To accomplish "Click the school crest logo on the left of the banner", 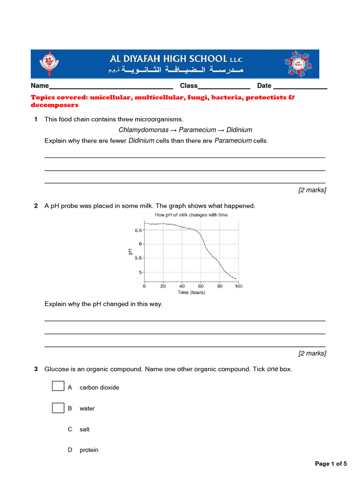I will tap(47, 63).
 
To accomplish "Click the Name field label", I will tap(40, 86).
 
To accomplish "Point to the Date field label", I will tap(264, 86).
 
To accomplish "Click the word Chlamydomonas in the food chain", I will tap(143, 130).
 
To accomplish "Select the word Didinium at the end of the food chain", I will tap(239, 130).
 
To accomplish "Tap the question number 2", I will tap(36, 206).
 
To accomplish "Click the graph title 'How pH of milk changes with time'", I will tap(191, 215).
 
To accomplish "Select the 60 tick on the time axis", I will tap(201, 286).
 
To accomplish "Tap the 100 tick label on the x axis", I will tap(238, 286).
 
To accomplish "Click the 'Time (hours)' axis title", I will tap(191, 292).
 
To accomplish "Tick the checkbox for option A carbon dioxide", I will tap(58, 386).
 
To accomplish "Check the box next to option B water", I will tap(58, 408).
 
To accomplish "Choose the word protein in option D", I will tap(89, 450).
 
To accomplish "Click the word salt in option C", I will tap(84, 429).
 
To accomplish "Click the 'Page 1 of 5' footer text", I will tap(331, 464).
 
